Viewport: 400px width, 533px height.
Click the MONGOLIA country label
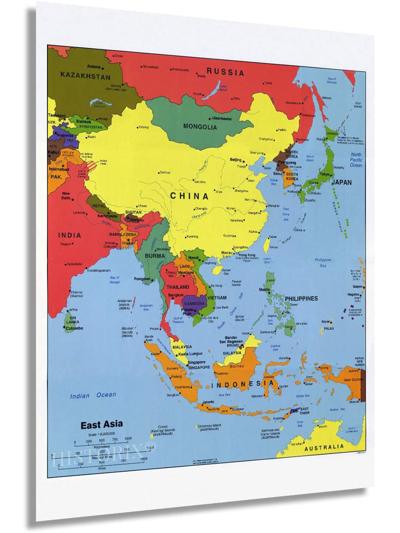click(200, 127)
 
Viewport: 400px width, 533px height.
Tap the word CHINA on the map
click(189, 196)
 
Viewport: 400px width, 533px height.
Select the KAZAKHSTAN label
click(86, 76)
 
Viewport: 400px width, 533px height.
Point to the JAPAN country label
click(341, 183)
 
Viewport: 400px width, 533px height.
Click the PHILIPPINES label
click(301, 298)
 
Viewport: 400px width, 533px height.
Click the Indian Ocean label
click(93, 395)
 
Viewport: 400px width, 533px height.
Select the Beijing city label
click(236, 159)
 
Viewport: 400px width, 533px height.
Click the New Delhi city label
click(66, 196)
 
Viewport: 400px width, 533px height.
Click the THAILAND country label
click(178, 287)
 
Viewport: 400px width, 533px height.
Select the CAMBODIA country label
click(194, 304)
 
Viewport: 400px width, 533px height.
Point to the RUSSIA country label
click(226, 72)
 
